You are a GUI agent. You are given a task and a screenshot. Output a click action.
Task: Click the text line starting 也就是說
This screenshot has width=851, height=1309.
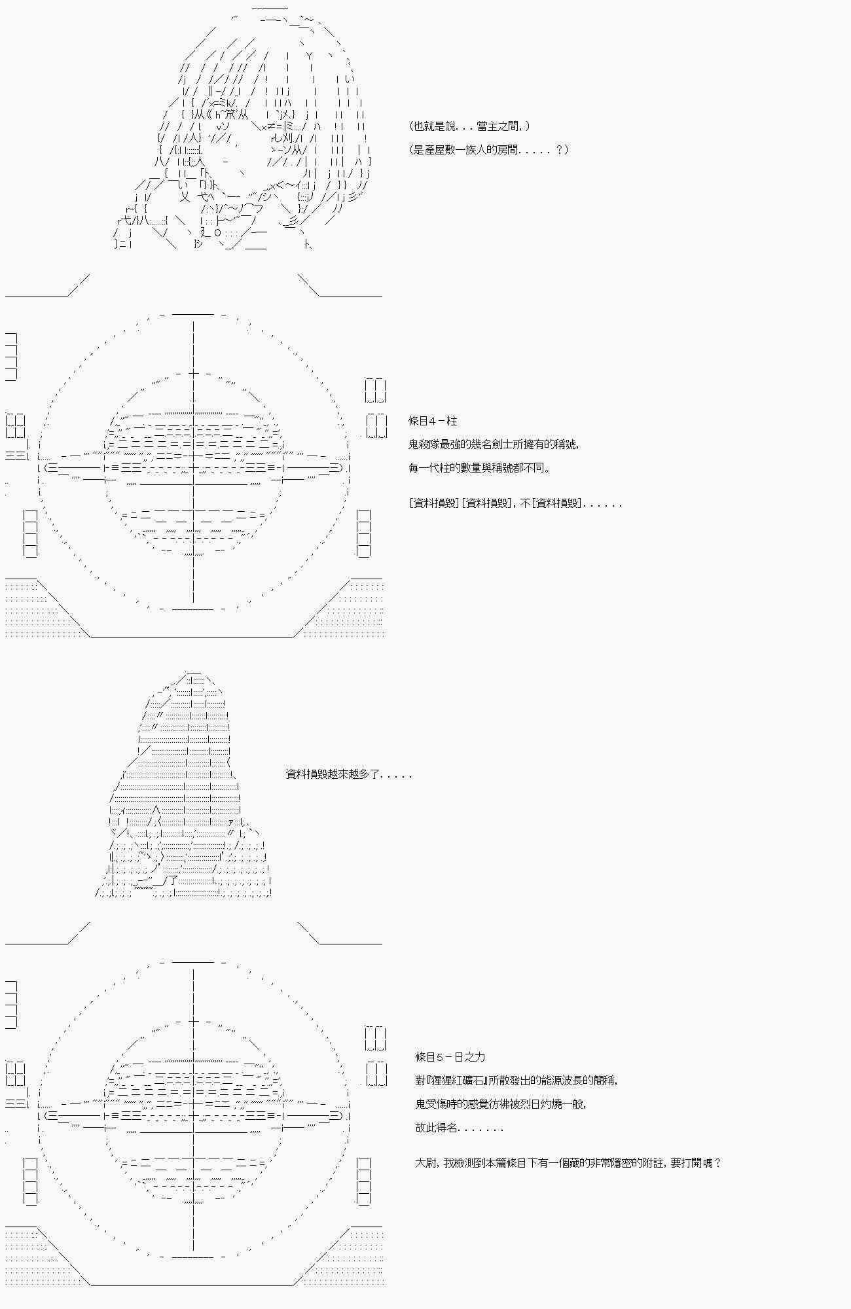point(469,126)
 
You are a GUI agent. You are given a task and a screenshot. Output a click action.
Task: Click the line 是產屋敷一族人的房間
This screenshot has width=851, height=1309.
point(488,150)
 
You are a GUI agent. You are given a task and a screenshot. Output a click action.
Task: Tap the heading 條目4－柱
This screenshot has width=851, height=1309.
point(433,421)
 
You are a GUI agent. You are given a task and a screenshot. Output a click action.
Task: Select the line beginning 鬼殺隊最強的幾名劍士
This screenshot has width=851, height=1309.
point(494,444)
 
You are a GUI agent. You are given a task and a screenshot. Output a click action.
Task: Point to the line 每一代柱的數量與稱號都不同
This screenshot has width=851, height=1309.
point(479,468)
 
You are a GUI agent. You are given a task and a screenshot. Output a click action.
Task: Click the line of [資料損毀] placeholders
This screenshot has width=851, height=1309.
point(515,503)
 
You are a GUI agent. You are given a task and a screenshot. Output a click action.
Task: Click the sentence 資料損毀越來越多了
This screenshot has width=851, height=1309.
point(349,774)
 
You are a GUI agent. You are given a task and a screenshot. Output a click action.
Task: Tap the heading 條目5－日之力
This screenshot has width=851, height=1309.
point(450,1057)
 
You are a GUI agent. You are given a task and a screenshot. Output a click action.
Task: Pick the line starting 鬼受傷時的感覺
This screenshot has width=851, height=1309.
point(501,1104)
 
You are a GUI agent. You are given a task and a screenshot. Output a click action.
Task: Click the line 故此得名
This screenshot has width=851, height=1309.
point(459,1128)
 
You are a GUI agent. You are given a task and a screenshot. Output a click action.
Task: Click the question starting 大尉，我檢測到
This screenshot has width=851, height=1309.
point(568,1163)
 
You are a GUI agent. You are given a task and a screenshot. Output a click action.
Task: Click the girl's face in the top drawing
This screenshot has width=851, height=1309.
point(223,144)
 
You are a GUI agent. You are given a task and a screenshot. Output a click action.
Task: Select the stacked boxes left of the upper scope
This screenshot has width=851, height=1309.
point(30,533)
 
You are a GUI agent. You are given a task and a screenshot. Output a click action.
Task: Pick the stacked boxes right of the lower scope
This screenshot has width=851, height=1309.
point(363,1181)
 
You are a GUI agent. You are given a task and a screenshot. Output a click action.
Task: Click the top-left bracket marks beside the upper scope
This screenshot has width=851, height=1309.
point(11,357)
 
